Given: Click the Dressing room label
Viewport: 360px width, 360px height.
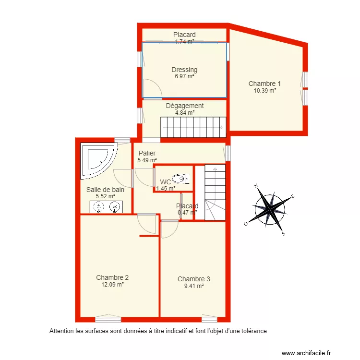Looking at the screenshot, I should click(x=184, y=70).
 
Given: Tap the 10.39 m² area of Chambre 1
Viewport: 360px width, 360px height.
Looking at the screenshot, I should click(x=265, y=90).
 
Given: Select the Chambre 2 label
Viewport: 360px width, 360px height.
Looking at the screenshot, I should click(x=112, y=277).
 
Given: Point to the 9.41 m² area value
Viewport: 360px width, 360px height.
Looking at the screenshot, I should click(x=193, y=286).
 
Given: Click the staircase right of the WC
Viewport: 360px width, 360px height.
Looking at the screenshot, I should click(x=214, y=192).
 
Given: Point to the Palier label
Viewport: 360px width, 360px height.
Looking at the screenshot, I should click(x=146, y=153).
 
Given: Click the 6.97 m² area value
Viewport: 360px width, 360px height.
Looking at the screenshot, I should click(x=184, y=76).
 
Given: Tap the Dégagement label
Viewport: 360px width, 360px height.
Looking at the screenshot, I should click(x=184, y=106).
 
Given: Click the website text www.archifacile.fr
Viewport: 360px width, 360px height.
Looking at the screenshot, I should click(x=306, y=353).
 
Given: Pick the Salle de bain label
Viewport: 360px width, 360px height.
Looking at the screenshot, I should click(x=105, y=190).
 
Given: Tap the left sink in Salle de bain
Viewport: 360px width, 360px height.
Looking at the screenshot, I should click(x=99, y=207).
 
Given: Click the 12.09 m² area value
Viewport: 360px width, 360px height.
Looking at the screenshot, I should click(x=112, y=284).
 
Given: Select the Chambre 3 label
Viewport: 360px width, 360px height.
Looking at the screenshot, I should click(x=193, y=279).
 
